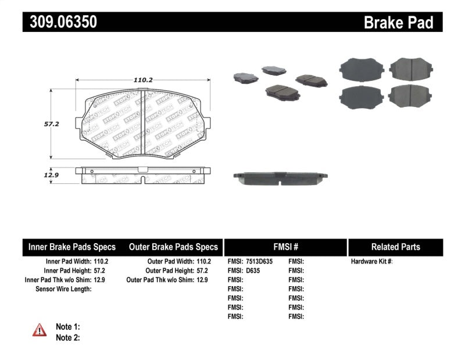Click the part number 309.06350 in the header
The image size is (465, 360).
coord(60,22)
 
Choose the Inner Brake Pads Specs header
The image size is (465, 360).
coord(72,247)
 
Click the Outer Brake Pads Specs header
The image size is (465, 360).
coord(173,247)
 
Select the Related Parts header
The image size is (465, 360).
coord(395,247)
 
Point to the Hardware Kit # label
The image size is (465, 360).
coord(371,262)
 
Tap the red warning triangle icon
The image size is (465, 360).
coord(40,330)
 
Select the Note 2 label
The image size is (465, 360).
coord(67,337)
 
